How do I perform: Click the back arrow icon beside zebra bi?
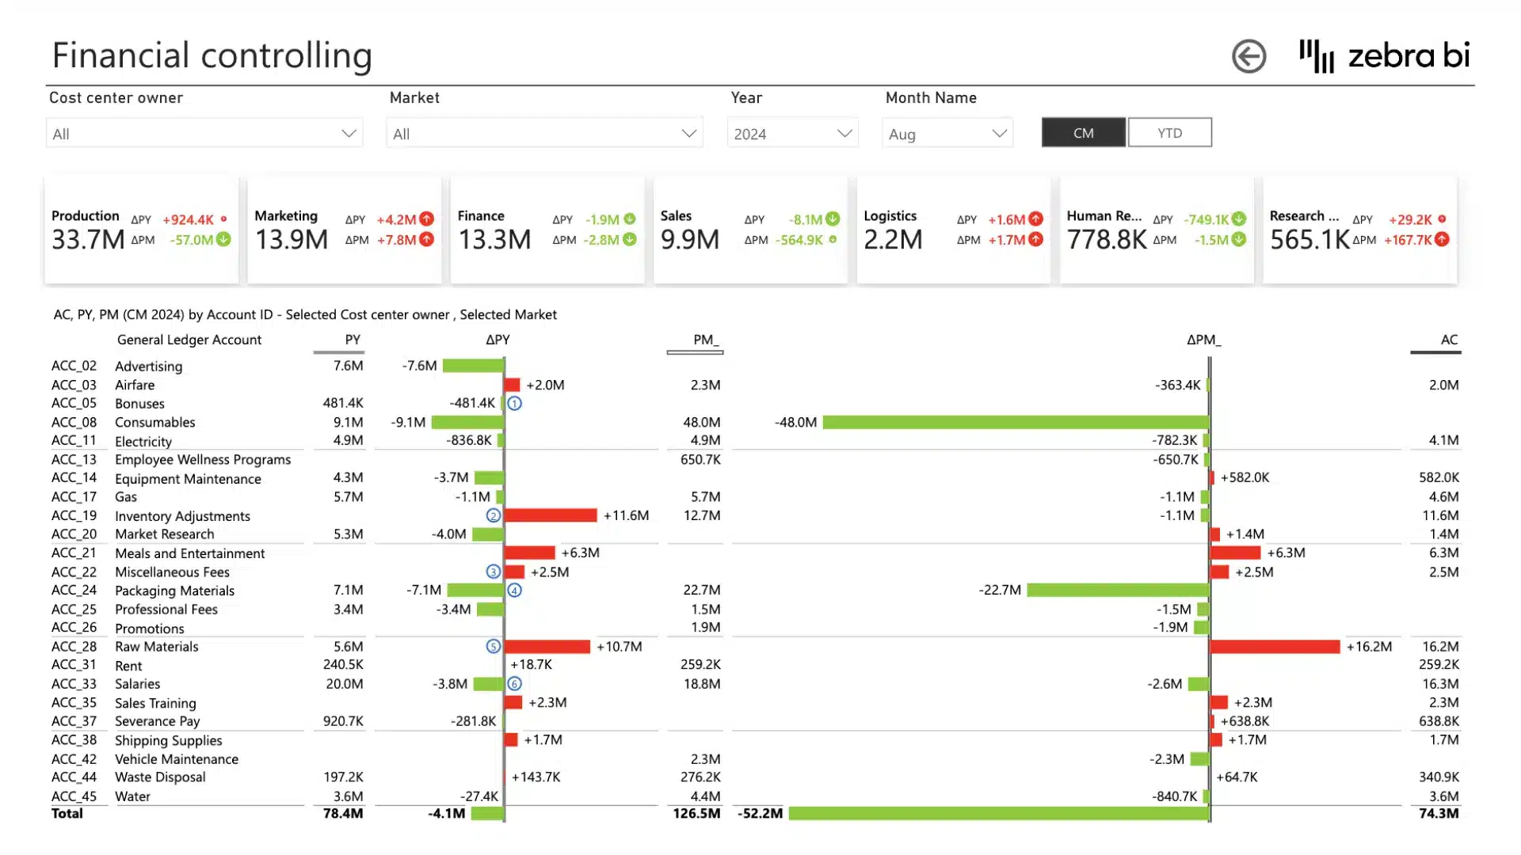pyautogui.click(x=1248, y=56)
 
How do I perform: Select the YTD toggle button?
pyautogui.click(x=1169, y=133)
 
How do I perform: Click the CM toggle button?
pyautogui.click(x=1083, y=133)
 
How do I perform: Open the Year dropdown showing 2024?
pyautogui.click(x=792, y=134)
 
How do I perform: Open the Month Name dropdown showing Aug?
pyautogui.click(x=947, y=134)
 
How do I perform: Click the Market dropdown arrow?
pyautogui.click(x=688, y=134)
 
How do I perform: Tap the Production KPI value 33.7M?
pyautogui.click(x=88, y=239)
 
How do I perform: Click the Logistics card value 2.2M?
pyautogui.click(x=893, y=239)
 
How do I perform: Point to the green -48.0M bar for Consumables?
pyautogui.click(x=1016, y=422)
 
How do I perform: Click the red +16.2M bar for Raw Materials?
pyautogui.click(x=1275, y=647)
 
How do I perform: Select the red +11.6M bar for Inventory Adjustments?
pyautogui.click(x=551, y=515)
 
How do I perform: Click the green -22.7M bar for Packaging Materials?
pyautogui.click(x=1118, y=590)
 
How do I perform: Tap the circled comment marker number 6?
pyautogui.click(x=514, y=684)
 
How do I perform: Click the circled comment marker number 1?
pyautogui.click(x=514, y=404)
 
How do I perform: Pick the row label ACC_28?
pyautogui.click(x=74, y=647)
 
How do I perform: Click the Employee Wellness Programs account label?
pyautogui.click(x=203, y=460)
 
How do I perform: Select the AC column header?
pyautogui.click(x=1448, y=340)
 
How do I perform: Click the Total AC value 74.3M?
pyautogui.click(x=1439, y=813)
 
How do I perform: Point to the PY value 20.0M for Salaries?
pyautogui.click(x=344, y=684)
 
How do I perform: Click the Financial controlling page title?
pyautogui.click(x=212, y=55)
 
